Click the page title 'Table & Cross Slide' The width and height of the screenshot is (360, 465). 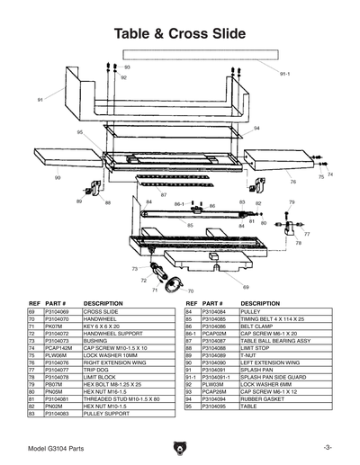(179, 34)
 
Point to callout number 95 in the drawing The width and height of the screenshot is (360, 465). (80, 132)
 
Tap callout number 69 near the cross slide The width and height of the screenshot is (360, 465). (246, 286)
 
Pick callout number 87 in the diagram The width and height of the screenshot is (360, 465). (164, 194)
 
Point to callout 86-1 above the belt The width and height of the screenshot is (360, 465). (178, 205)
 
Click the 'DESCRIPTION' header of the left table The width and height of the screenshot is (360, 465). (103, 303)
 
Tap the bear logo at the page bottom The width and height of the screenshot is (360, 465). (180, 446)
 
